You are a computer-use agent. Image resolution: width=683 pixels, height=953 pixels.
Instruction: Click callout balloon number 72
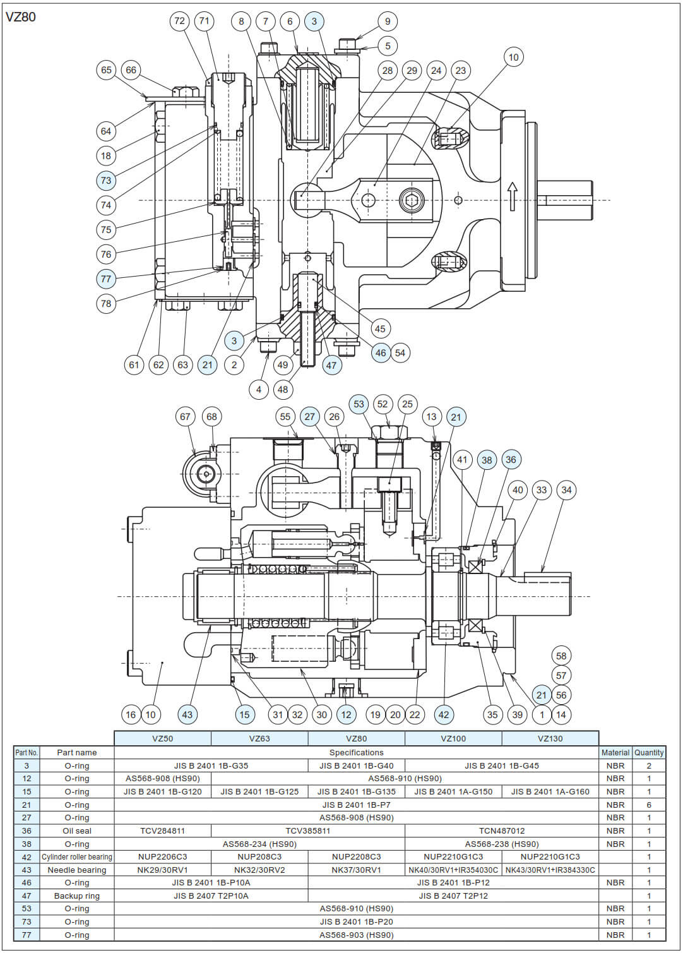180,21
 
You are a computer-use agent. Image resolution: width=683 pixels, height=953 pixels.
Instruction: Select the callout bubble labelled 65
106,70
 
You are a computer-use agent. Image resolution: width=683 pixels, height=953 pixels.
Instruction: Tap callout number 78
106,303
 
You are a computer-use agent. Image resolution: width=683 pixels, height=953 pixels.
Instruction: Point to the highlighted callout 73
106,181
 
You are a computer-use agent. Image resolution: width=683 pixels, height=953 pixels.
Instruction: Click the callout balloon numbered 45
379,328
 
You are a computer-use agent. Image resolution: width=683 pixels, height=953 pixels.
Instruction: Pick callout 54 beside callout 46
400,353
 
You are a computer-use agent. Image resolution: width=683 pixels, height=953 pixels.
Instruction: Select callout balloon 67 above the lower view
185,417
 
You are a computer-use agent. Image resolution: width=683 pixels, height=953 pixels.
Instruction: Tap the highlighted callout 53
359,404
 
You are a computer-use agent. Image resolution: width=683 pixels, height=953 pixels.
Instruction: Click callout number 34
566,490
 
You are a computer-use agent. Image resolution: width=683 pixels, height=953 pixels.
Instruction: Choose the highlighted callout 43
187,715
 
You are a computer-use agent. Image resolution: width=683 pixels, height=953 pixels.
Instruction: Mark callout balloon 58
561,656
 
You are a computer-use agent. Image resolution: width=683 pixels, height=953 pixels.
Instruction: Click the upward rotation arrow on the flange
512,196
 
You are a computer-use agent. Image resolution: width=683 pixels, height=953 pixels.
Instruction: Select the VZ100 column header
453,738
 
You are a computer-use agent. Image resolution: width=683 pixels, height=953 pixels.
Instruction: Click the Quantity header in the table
649,752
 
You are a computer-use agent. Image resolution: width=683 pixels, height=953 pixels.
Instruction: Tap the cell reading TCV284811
162,830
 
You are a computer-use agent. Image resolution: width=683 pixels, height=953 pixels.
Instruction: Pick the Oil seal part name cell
77,830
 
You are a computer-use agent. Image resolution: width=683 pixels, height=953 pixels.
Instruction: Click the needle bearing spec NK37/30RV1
356,870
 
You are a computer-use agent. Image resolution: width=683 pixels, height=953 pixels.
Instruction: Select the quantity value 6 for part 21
649,805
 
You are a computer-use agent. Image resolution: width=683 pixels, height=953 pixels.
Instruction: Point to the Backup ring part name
77,896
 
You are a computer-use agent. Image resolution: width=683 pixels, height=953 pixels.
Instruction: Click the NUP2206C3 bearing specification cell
162,857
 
